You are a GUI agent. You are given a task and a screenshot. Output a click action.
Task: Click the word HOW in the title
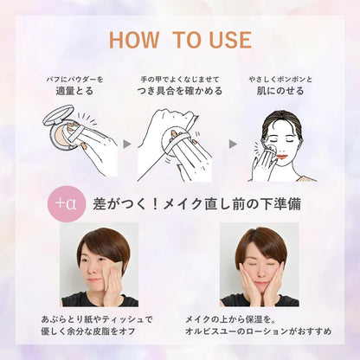coord(134,40)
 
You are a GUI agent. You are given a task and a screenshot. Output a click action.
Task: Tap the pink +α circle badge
coord(67,203)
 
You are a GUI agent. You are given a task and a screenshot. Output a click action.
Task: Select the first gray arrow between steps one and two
coord(127,144)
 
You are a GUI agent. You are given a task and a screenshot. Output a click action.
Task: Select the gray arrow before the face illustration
coord(233,144)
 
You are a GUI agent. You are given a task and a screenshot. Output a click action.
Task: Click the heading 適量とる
coord(74,91)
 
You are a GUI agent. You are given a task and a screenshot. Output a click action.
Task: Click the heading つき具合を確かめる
coord(180,91)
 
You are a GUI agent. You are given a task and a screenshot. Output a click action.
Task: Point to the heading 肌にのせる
coord(280,91)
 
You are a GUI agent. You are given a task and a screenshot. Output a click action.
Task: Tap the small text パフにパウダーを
coord(74,79)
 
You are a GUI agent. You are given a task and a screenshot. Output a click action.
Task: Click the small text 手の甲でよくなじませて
coord(180,79)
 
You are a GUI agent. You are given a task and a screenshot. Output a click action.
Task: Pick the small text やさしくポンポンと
coord(280,79)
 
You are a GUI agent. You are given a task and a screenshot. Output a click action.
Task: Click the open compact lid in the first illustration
coord(58,114)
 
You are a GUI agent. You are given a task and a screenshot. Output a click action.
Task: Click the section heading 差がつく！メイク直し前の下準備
coord(196,204)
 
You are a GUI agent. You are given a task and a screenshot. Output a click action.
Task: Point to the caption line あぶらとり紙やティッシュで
coord(97,319)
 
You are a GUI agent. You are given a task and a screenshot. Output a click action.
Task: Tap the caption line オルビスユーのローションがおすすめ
coord(258,331)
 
